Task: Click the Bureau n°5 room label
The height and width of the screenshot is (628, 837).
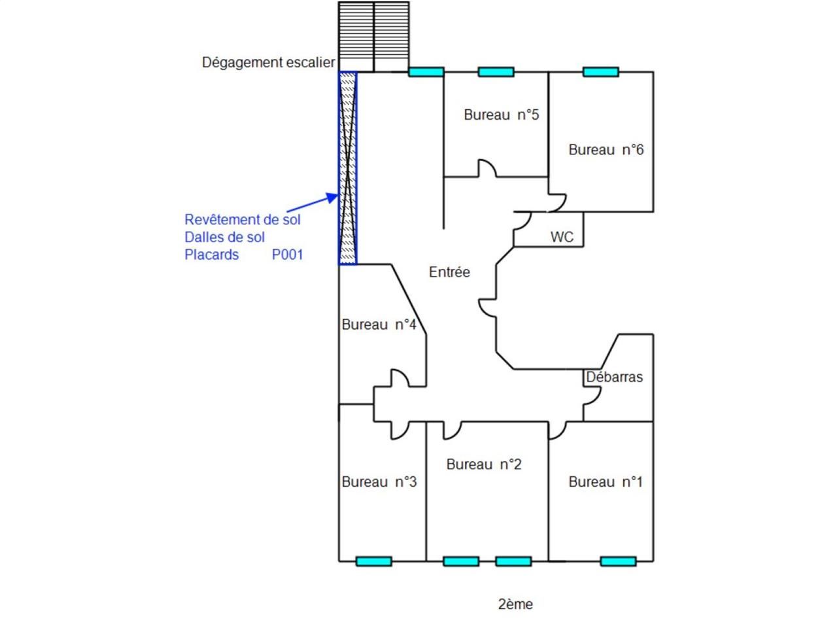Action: click(501, 115)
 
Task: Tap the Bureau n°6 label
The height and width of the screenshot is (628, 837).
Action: click(606, 150)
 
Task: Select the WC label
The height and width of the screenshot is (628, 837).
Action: click(562, 237)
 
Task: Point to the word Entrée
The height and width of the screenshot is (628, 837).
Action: click(449, 272)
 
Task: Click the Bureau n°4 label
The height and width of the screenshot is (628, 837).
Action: click(379, 324)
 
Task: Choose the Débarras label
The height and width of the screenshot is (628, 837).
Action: click(614, 377)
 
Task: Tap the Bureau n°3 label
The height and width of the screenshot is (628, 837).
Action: click(379, 482)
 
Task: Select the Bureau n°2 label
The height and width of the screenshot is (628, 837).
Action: click(484, 464)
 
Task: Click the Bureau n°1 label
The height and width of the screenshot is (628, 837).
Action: click(606, 482)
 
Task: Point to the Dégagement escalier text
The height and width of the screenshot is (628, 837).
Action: click(268, 63)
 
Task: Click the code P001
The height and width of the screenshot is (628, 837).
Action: click(288, 254)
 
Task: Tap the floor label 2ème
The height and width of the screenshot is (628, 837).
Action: click(515, 604)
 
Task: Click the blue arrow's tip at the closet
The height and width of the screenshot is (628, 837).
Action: click(337, 195)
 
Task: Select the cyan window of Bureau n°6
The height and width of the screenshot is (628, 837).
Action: click(600, 72)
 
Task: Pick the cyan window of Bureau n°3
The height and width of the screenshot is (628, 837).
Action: click(373, 561)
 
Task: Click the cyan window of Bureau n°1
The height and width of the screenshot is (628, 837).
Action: click(618, 561)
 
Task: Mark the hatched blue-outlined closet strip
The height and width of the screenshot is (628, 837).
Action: click(348, 168)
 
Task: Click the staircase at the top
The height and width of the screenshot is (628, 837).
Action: click(373, 35)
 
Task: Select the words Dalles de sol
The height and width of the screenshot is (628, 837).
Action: click(224, 237)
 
